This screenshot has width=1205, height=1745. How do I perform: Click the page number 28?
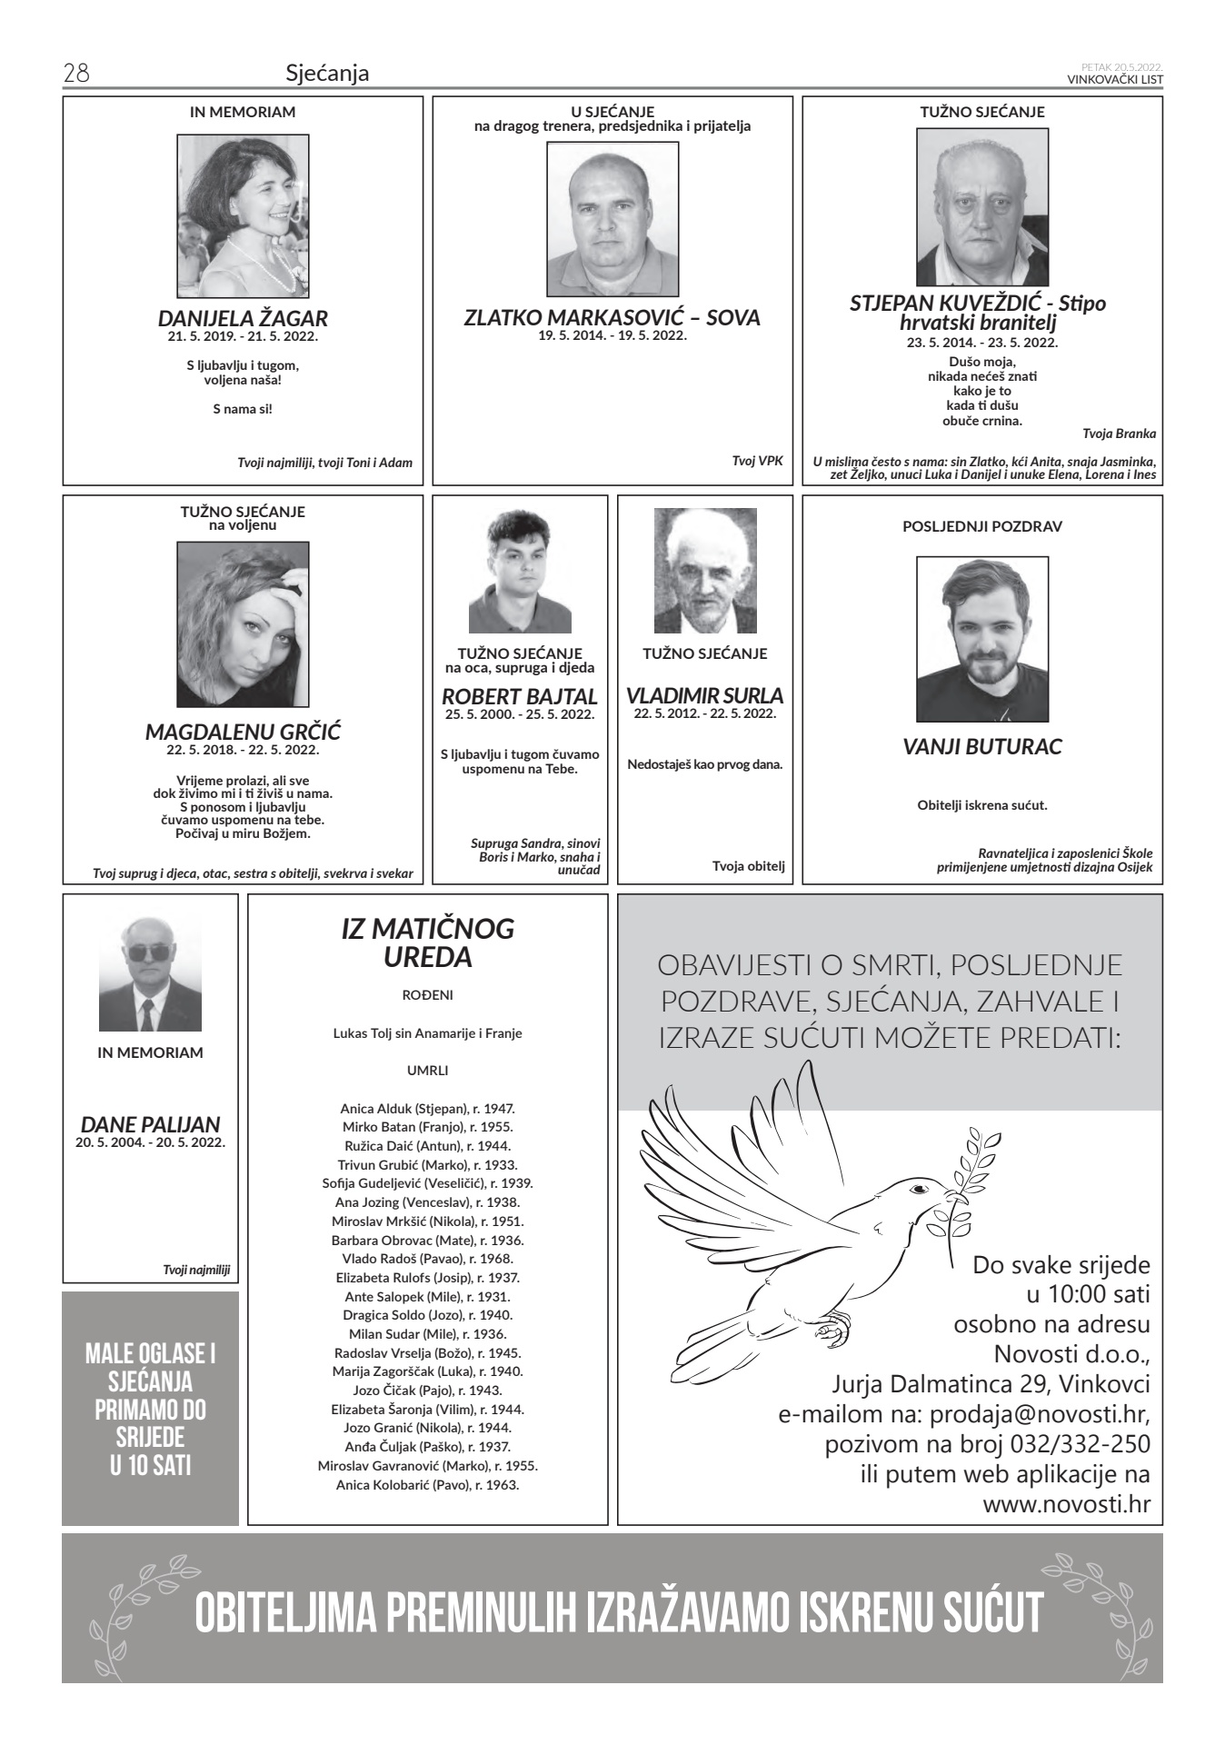coord(75,73)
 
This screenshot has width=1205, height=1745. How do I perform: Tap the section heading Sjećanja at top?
coord(327,73)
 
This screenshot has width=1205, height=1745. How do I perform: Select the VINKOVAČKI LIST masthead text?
coord(1115,79)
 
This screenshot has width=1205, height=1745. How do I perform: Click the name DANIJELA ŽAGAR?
coord(243,319)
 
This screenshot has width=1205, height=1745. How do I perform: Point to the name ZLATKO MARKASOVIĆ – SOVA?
coord(612,318)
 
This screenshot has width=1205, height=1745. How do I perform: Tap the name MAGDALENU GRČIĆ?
coord(243,732)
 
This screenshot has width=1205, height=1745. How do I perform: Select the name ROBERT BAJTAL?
coord(520,697)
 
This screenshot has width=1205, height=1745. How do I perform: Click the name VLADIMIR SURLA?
coord(704,696)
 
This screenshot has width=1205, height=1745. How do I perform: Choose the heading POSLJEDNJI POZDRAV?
coord(981,526)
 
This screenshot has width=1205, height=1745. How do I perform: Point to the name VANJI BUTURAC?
coord(981,747)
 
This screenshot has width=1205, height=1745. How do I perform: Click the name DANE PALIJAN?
coord(150,1124)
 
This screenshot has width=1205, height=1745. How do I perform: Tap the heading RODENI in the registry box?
coord(427,995)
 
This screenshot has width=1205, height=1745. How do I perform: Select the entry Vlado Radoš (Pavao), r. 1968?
coord(427,1259)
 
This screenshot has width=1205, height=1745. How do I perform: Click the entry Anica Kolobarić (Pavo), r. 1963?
coord(427,1485)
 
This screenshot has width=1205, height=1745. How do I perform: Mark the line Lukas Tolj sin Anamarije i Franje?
coord(427,1033)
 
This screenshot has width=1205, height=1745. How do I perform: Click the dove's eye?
coord(919,1189)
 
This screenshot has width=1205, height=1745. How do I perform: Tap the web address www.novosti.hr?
coord(1066,1504)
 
